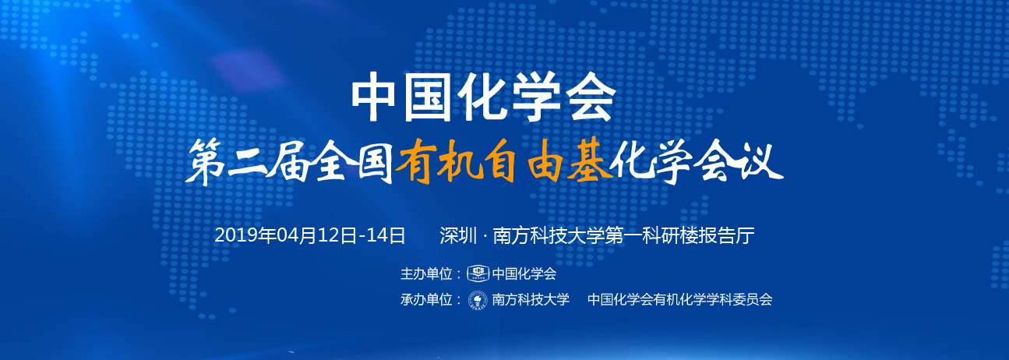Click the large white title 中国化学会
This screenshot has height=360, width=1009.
click(483, 97)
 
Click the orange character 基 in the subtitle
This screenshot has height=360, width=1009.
click(589, 161)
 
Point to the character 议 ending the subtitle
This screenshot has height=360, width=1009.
click(761, 162)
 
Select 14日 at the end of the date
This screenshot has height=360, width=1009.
click(386, 235)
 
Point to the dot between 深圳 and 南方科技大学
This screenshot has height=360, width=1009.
click(485, 236)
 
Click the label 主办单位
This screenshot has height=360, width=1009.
click(426, 274)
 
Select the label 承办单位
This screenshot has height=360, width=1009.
click(426, 300)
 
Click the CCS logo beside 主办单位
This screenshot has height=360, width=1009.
click(478, 274)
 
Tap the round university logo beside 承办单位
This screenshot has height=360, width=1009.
click(478, 300)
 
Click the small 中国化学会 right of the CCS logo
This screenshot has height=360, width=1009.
click(524, 274)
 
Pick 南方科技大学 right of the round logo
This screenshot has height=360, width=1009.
click(531, 300)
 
